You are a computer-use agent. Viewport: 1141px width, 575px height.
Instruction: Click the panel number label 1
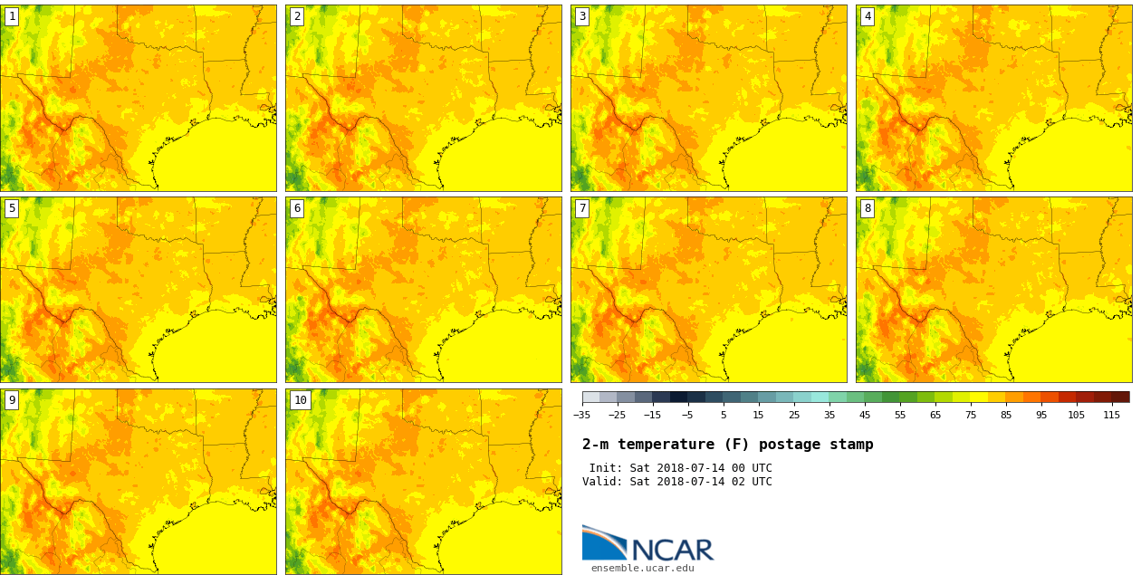point(12,16)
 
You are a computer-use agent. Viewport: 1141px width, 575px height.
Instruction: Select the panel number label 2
point(297,16)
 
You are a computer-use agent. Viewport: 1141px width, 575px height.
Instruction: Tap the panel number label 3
point(582,16)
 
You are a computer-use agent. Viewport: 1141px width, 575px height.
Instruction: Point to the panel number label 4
point(868,16)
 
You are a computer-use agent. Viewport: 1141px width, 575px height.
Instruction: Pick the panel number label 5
point(12,208)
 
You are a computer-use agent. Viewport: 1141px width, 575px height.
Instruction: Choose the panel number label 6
point(297,208)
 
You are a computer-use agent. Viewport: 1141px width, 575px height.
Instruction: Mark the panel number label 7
point(582,208)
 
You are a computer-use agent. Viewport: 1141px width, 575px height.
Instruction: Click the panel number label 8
point(868,208)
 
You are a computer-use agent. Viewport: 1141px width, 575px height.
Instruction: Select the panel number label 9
point(12,400)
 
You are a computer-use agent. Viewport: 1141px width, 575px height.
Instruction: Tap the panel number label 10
point(300,400)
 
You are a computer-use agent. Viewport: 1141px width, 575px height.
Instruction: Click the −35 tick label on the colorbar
point(581,416)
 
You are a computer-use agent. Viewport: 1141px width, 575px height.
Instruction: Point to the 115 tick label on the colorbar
point(1112,416)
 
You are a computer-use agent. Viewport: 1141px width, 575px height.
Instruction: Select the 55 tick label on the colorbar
point(900,416)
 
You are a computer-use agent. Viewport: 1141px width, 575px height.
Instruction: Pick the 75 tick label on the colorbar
point(971,416)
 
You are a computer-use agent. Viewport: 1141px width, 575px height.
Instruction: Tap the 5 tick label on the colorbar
point(724,416)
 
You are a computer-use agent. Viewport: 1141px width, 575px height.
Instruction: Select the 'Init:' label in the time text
point(606,468)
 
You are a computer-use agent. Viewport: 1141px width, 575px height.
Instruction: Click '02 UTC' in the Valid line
point(752,482)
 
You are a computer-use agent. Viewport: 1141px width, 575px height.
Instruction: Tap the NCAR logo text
point(672,550)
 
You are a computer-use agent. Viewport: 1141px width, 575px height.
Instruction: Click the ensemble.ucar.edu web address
point(643,569)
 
